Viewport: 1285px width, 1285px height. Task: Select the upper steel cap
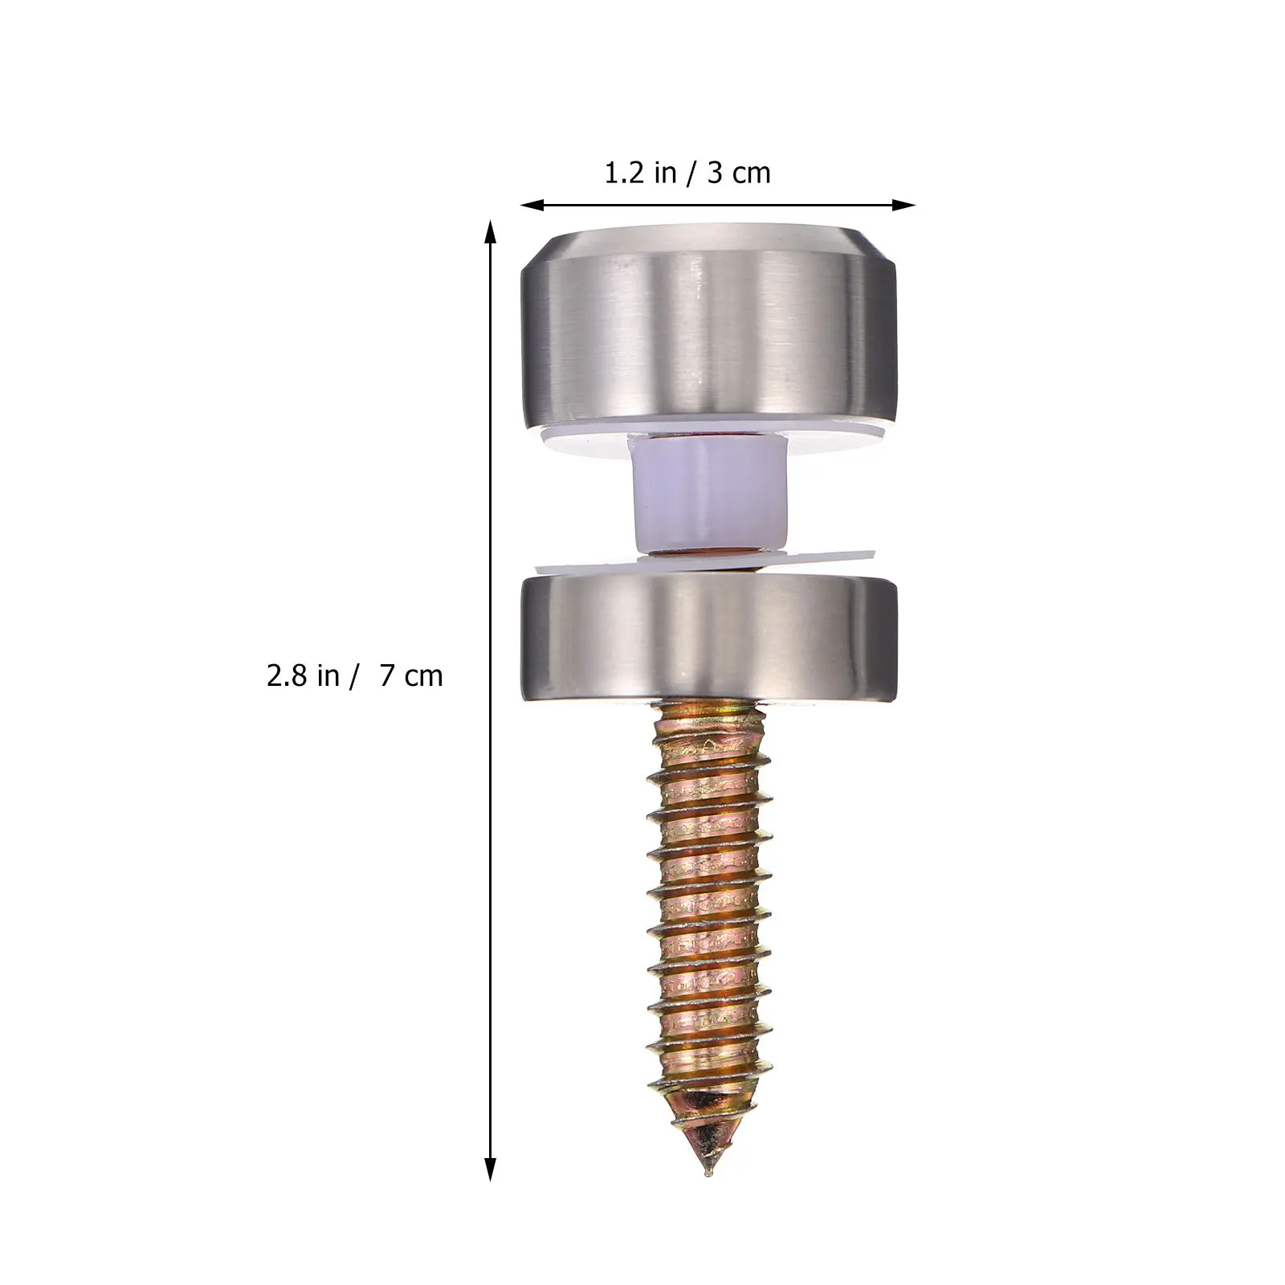tap(708, 337)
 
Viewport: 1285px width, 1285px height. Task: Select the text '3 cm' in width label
tap(739, 173)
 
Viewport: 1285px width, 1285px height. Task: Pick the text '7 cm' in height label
tap(411, 676)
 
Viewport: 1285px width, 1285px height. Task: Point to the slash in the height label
tap(353, 676)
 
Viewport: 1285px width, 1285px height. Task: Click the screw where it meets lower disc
tap(708, 705)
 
